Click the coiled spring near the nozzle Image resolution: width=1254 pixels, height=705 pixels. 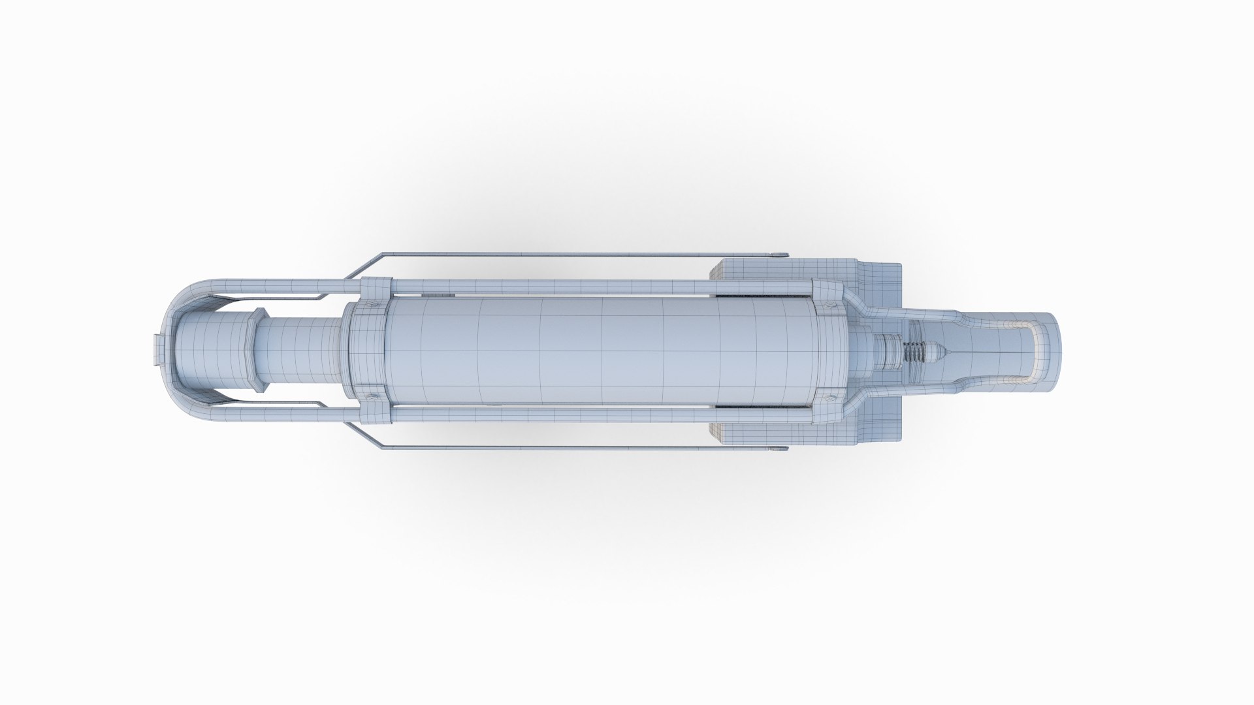tap(914, 352)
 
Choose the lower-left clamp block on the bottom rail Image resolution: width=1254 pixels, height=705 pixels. tap(376, 418)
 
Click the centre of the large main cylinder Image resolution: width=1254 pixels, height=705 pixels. tap(601, 352)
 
